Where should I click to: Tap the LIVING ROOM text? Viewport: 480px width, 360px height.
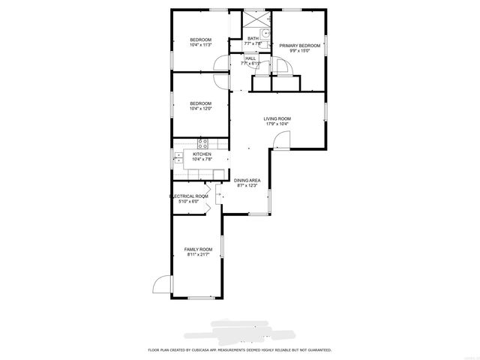point(277,118)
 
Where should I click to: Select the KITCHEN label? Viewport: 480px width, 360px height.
point(202,154)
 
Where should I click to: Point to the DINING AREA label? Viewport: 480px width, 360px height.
point(247,180)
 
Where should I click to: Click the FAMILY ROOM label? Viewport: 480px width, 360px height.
point(199,249)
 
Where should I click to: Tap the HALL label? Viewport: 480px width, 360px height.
point(250,58)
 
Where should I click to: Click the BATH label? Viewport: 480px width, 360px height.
point(253,38)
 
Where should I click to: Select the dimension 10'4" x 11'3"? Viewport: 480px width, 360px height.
point(200,45)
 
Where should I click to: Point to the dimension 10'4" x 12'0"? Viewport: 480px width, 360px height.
point(200,109)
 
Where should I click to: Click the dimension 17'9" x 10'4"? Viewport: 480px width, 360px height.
point(277,124)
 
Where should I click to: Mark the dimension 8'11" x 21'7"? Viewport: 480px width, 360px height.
point(199,255)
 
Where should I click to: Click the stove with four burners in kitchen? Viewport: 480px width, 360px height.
point(202,142)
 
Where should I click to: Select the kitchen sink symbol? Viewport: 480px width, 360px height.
point(179,157)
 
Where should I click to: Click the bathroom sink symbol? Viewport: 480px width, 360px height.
point(265,32)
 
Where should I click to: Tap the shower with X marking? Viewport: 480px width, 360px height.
point(253,18)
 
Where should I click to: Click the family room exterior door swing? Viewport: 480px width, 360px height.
point(160,285)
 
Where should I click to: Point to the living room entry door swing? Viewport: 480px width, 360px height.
point(280,140)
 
